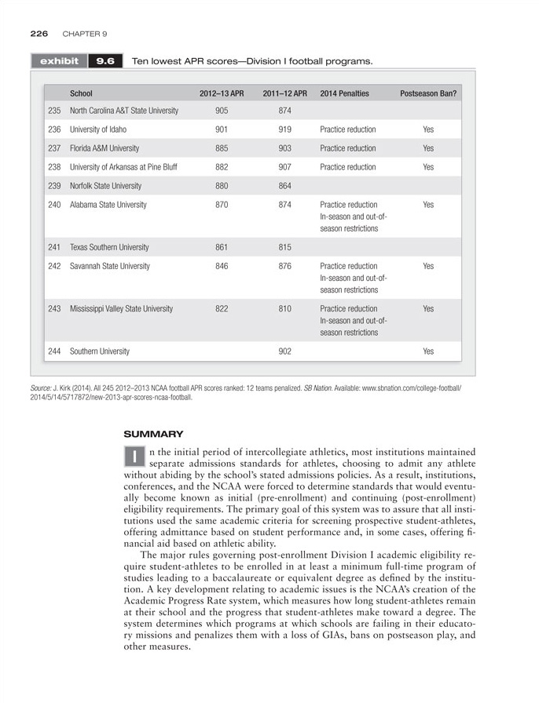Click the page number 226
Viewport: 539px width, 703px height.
coord(39,34)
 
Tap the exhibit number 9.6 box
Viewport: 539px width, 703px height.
coord(105,60)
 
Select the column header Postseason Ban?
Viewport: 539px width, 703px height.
coord(428,93)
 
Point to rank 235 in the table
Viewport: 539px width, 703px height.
coord(54,111)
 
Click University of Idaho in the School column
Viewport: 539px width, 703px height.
coord(98,129)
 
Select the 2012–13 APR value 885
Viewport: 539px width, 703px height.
coord(222,148)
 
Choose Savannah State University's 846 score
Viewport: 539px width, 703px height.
coord(222,266)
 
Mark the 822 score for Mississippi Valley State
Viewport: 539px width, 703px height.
coord(222,308)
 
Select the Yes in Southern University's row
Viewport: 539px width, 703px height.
coord(428,351)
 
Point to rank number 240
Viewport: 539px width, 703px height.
coord(54,205)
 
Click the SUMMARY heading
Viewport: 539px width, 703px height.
coord(153,433)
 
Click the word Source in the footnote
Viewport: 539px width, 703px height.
coord(42,388)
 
